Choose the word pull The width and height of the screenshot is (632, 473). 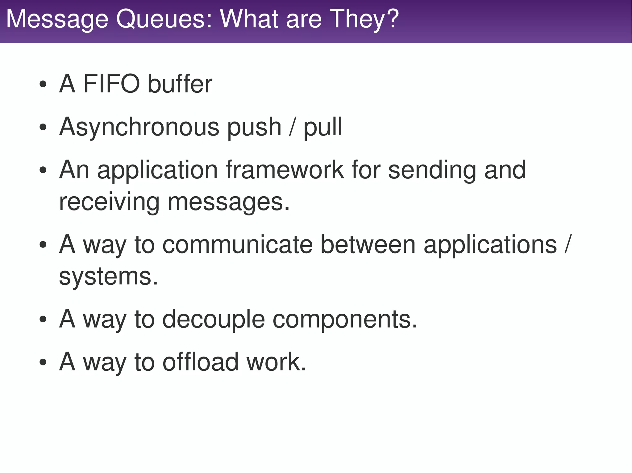pyautogui.click(x=323, y=127)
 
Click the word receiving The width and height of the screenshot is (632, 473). pyautogui.click(x=109, y=202)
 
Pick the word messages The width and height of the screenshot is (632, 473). pyautogui.click(x=228, y=202)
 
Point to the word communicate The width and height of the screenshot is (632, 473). pyautogui.click(x=237, y=245)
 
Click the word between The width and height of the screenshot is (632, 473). pyautogui.click(x=368, y=245)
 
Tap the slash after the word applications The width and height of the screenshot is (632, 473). pyautogui.click(x=568, y=245)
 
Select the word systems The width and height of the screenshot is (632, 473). pyautogui.click(x=108, y=276)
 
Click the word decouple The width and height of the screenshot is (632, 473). pyautogui.click(x=214, y=319)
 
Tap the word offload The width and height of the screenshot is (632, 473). pyautogui.click(x=201, y=362)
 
